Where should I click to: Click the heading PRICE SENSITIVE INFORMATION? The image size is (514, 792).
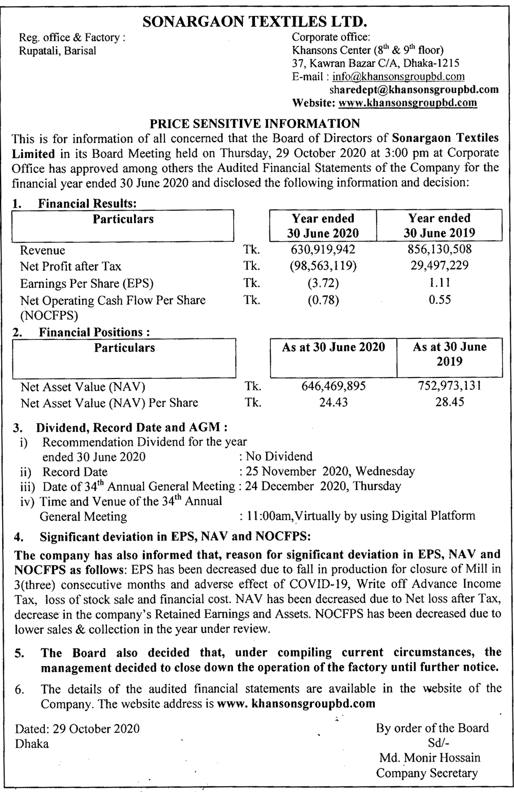(254, 123)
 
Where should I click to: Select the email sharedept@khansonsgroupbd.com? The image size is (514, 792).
(414, 89)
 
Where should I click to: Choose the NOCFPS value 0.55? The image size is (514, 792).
(439, 300)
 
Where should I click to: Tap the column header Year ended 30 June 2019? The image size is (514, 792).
(439, 225)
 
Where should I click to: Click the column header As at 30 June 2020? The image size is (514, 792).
(333, 347)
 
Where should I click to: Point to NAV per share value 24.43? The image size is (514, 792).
(333, 402)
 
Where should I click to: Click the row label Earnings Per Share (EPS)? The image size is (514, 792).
(87, 283)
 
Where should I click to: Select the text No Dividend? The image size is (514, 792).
(279, 456)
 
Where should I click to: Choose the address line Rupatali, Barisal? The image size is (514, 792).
(57, 51)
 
